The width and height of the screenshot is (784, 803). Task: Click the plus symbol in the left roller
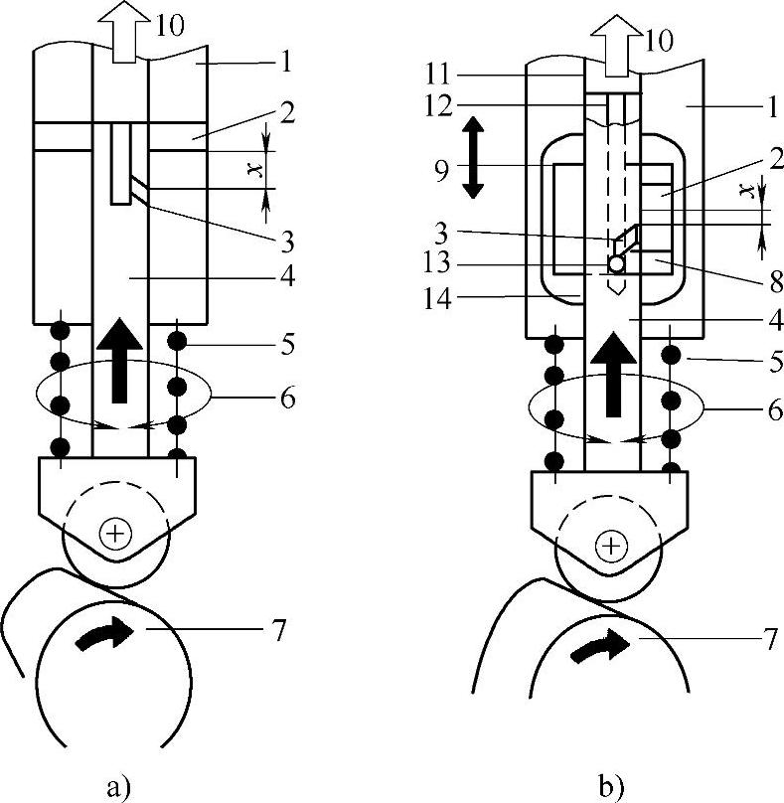tap(116, 535)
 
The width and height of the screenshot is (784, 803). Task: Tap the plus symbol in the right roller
tap(612, 545)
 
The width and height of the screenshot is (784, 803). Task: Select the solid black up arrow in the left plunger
tap(120, 362)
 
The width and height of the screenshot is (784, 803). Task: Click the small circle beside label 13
tap(616, 264)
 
